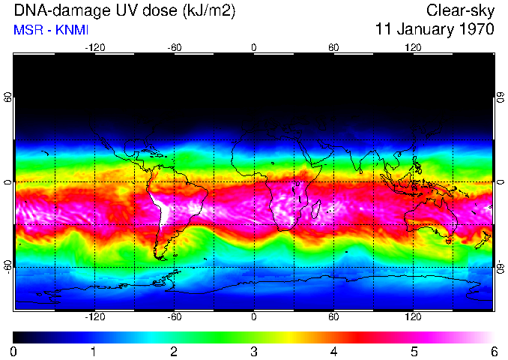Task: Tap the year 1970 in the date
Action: [474, 30]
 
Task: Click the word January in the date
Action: [422, 30]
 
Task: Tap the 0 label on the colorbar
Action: [13, 351]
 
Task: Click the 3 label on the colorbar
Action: [253, 351]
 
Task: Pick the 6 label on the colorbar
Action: [493, 351]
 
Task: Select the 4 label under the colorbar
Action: [333, 351]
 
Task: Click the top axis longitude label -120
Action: [94, 47]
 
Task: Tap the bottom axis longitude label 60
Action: [333, 317]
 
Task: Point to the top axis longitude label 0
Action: [253, 47]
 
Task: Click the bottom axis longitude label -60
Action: [174, 317]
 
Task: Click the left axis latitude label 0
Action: [7, 182]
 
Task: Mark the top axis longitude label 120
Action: [414, 47]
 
